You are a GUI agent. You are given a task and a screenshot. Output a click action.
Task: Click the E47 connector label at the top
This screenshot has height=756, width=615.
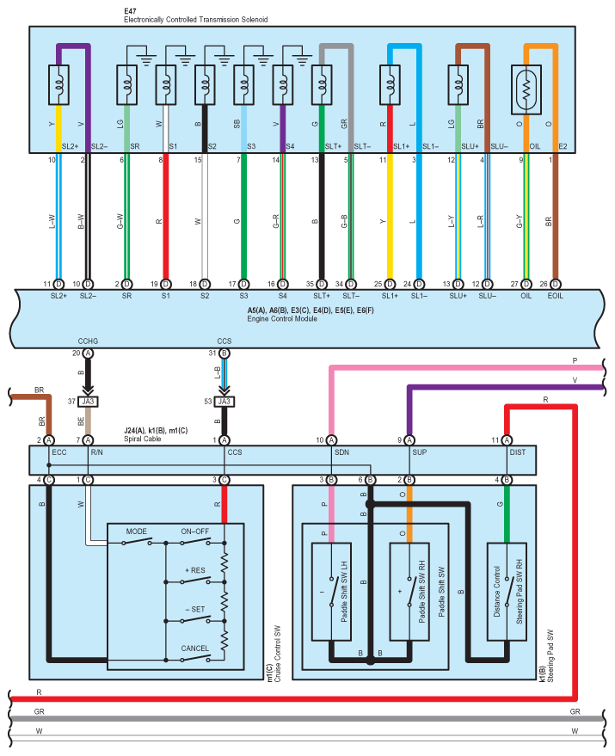click(x=130, y=10)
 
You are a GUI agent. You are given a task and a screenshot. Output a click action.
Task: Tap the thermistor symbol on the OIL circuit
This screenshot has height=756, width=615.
click(x=526, y=90)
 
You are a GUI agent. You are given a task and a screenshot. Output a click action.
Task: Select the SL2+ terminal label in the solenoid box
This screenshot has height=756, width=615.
click(x=70, y=146)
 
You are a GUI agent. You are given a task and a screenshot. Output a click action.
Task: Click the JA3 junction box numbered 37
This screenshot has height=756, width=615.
click(x=88, y=402)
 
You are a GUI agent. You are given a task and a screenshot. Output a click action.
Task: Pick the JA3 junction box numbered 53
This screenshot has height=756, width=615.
click(x=224, y=402)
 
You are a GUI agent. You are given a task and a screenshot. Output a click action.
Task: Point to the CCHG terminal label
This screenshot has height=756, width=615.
click(x=88, y=341)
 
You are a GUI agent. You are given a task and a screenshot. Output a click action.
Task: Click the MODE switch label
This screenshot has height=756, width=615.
click(x=137, y=532)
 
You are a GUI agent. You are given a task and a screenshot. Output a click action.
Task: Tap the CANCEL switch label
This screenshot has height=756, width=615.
click(x=195, y=648)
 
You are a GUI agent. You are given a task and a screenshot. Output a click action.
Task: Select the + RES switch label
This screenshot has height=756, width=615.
click(x=195, y=570)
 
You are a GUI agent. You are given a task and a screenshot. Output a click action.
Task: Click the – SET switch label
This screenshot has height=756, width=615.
click(x=195, y=610)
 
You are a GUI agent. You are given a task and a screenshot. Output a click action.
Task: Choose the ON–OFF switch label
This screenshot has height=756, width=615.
click(x=195, y=532)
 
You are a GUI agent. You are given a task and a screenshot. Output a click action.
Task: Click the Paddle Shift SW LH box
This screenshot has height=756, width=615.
click(x=331, y=592)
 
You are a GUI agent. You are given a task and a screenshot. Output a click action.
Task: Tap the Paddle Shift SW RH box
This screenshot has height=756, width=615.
click(x=409, y=592)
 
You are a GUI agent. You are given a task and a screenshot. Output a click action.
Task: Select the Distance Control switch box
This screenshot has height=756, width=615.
click(x=507, y=592)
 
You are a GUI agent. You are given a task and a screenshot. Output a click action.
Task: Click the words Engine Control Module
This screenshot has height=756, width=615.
click(x=282, y=319)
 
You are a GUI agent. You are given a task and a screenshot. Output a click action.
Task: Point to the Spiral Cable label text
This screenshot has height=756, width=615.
click(x=142, y=439)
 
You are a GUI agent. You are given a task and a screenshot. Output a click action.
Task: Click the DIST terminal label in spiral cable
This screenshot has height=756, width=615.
click(x=518, y=452)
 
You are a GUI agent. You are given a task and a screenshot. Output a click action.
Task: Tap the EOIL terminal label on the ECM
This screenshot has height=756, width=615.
click(x=555, y=296)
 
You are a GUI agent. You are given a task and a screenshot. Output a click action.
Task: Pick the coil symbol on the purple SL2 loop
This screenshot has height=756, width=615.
click(x=58, y=85)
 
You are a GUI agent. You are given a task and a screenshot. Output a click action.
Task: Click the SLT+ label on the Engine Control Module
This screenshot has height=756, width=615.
click(x=322, y=296)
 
